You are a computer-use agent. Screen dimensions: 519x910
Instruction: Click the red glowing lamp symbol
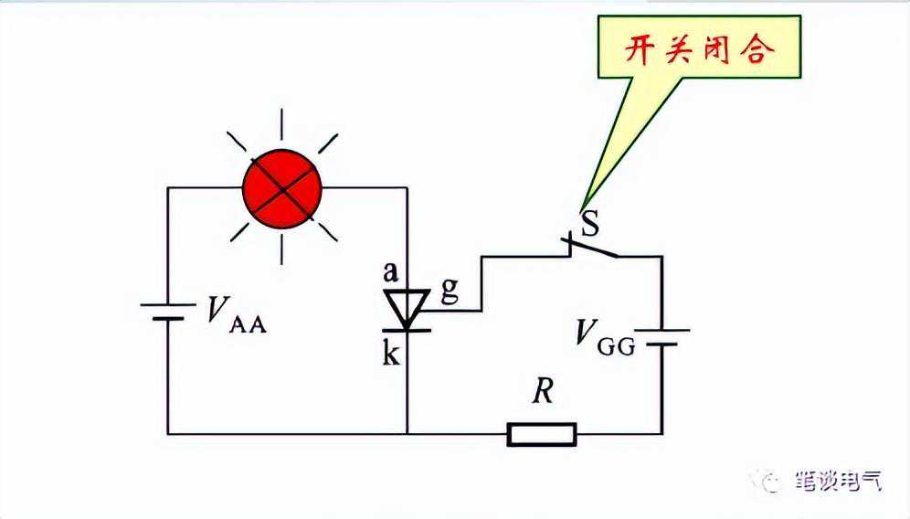[282, 190]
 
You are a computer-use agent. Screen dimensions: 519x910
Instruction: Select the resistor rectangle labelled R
[542, 434]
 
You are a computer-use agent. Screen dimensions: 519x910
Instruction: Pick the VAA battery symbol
[167, 312]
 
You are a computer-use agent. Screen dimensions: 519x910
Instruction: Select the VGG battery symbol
[661, 337]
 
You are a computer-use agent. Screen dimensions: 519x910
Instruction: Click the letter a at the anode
[390, 271]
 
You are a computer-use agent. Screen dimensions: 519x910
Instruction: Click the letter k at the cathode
[390, 354]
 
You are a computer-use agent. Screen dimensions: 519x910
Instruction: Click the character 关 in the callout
[682, 49]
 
